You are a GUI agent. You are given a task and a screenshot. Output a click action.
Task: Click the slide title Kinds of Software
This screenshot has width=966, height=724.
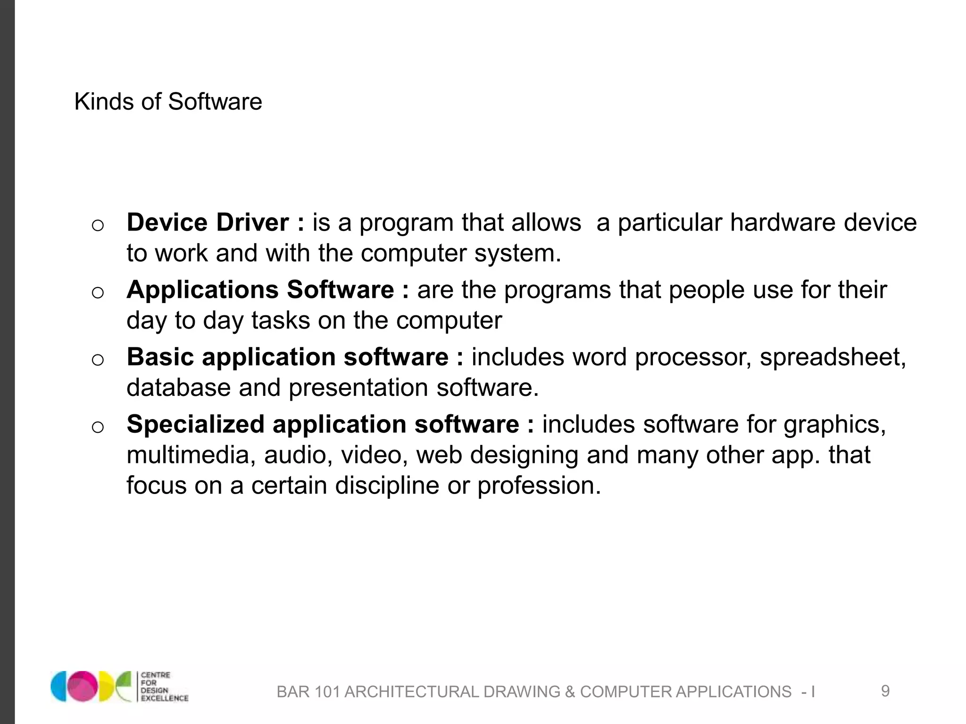pos(168,102)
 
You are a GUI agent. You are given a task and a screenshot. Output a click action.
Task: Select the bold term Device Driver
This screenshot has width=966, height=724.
pos(208,222)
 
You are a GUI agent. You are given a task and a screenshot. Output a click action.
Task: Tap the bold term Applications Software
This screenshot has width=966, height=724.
pos(260,290)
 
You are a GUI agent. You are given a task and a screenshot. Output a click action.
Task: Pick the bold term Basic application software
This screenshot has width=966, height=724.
pos(287,357)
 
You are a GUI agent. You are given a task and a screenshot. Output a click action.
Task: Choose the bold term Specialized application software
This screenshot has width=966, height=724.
pos(323,424)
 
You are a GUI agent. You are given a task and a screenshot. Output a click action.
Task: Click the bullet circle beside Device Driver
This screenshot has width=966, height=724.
pos(98,225)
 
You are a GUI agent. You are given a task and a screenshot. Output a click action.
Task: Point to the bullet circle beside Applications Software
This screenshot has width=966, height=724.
pos(98,293)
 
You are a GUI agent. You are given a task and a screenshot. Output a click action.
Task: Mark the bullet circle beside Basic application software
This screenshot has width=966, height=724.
pos(98,360)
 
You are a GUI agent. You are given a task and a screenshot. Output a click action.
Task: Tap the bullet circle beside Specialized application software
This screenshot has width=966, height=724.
pos(98,427)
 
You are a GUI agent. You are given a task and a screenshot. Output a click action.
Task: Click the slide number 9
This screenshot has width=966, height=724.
pos(885,691)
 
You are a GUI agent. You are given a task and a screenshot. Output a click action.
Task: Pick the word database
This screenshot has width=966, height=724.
pos(178,388)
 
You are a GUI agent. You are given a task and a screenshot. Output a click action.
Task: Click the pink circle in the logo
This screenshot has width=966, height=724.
pos(81,686)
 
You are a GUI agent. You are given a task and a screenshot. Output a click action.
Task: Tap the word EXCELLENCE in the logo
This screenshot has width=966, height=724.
pos(165,698)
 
